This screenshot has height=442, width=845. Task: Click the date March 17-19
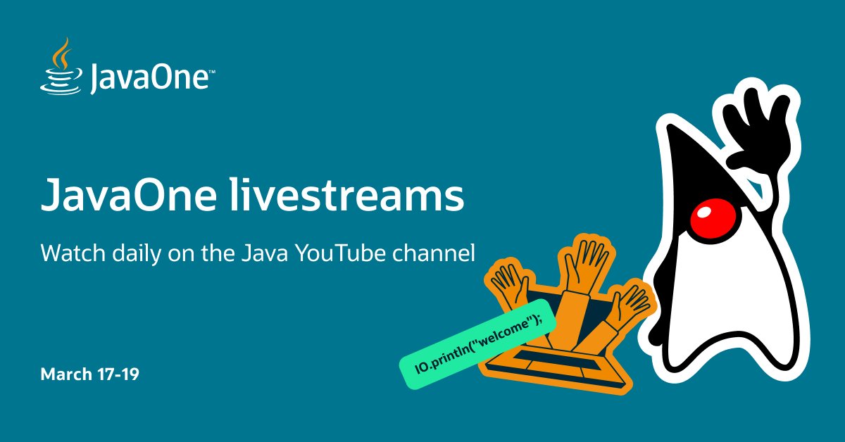click(x=89, y=374)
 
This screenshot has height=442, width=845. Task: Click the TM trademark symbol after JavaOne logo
click(x=211, y=71)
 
